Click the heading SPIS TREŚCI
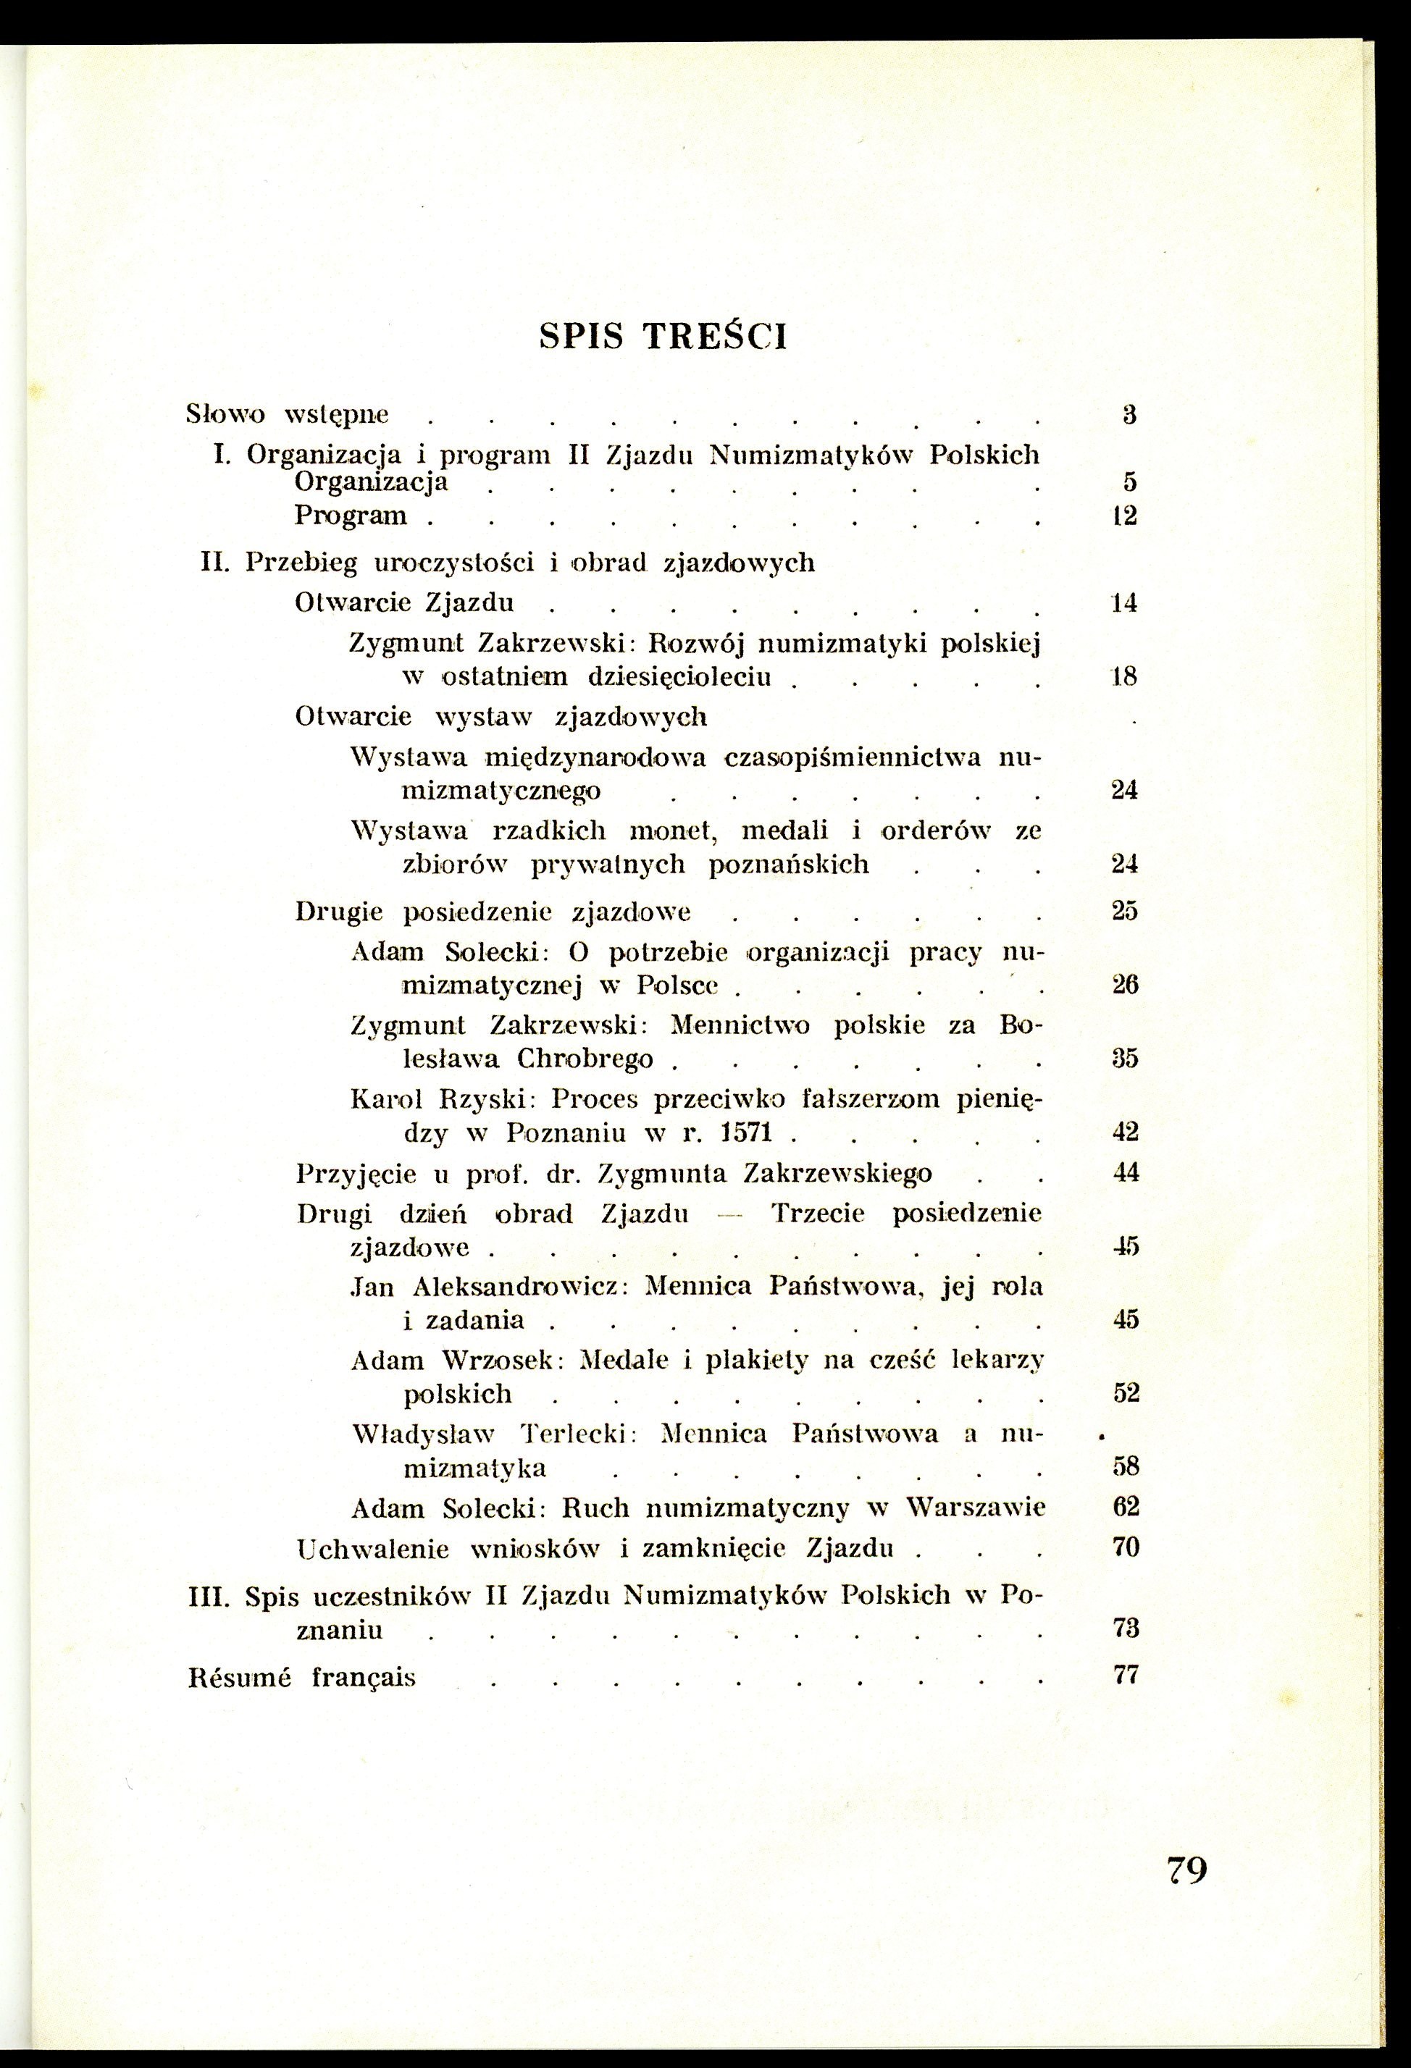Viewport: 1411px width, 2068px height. (x=664, y=338)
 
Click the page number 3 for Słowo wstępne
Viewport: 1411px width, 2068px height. (x=1129, y=415)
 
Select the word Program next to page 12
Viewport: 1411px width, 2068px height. (x=351, y=516)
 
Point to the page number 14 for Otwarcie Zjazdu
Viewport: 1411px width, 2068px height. (x=1125, y=603)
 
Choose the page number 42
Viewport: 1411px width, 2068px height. (x=1125, y=1132)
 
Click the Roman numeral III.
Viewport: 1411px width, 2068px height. (x=210, y=1595)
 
